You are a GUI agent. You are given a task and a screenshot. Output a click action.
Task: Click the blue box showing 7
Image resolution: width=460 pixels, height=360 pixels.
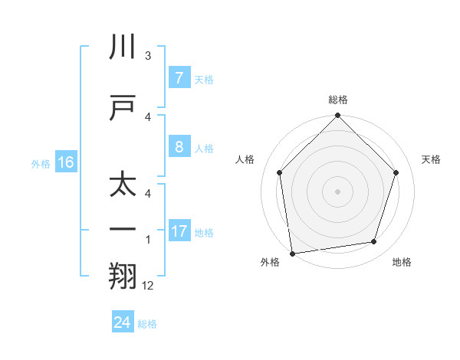(x=179, y=78)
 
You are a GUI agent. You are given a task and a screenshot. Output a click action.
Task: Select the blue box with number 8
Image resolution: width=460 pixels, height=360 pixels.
(x=179, y=147)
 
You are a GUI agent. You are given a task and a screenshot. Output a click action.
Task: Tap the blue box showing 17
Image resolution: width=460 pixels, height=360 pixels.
(x=179, y=231)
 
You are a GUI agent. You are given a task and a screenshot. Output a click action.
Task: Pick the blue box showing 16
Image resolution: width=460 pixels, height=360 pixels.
(x=66, y=162)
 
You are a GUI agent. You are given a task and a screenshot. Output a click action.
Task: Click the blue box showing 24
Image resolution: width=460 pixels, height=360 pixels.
(x=122, y=322)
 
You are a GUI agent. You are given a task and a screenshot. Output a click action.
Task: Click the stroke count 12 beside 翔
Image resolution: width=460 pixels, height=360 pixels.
(x=148, y=286)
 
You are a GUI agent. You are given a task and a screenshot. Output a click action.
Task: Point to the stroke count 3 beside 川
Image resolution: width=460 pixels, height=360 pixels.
(x=148, y=56)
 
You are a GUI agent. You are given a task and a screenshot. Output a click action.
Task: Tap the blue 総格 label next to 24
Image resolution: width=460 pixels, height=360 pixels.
(x=147, y=324)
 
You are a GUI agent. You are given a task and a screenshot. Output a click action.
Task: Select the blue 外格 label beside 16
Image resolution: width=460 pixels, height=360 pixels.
(x=41, y=163)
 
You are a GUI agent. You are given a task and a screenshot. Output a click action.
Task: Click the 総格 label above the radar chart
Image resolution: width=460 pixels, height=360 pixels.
(x=338, y=100)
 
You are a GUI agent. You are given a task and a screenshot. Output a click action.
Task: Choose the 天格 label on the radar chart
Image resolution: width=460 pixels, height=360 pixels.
(x=432, y=159)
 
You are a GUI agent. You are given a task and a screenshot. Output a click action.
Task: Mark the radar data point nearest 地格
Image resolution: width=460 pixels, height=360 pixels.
(x=374, y=242)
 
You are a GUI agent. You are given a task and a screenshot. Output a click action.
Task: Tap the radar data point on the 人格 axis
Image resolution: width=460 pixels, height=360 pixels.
(x=280, y=172)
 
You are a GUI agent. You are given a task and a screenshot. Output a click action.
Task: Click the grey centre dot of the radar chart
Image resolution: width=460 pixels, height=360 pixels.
(x=338, y=191)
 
